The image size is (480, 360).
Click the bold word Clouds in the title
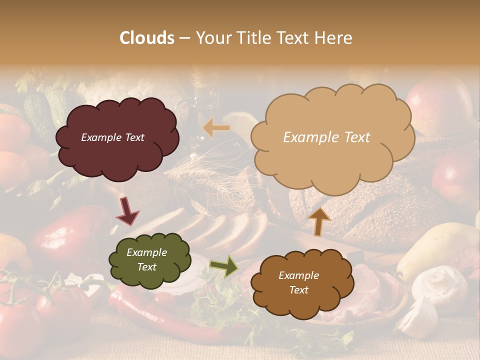pos(147,38)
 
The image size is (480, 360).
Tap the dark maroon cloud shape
pos(117,137)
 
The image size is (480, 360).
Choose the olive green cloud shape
pos(149,259)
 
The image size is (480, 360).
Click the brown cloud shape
pos(302,283)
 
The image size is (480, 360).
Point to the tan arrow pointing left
pos(216,128)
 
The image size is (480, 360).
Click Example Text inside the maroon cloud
pos(112,137)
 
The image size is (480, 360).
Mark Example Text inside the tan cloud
pos(326,137)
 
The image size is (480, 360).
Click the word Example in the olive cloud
pos(146,252)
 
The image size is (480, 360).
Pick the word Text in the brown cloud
pos(298,290)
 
